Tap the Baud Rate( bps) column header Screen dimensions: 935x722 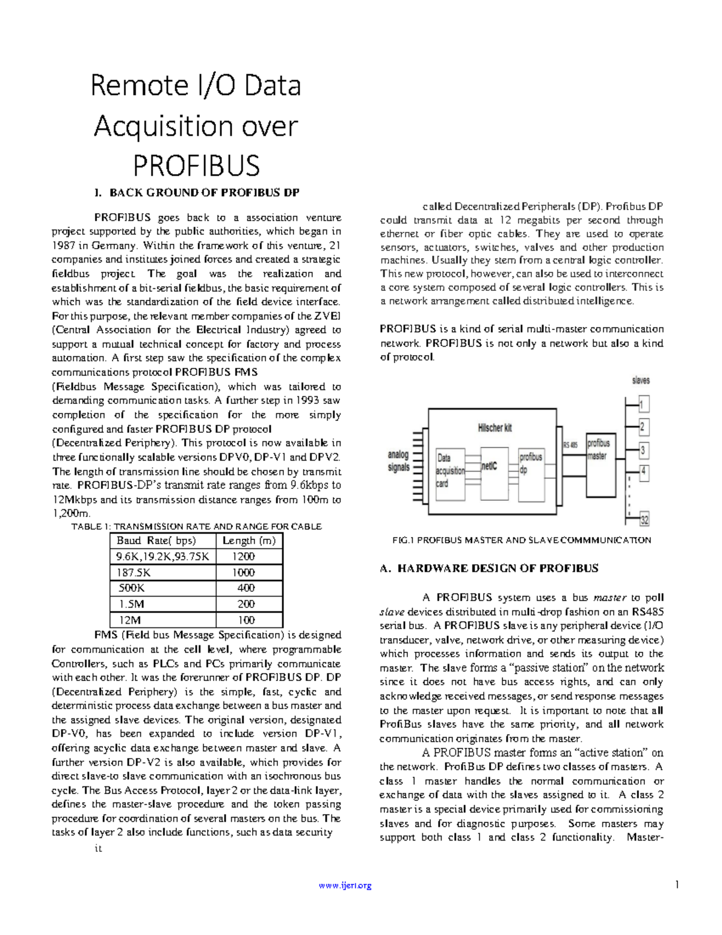tap(156, 541)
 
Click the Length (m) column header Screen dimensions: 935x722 tap(249, 541)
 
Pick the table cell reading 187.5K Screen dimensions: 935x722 tap(135, 573)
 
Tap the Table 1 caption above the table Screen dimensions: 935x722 tap(196, 526)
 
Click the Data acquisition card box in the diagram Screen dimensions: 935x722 tap(450, 471)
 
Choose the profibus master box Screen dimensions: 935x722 tap(599, 450)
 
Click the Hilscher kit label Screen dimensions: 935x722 tap(495, 428)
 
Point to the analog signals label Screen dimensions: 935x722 tap(398, 461)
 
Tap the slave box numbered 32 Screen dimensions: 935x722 tap(644, 520)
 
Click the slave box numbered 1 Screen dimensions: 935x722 tap(643, 404)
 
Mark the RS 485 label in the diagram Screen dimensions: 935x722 tap(570, 445)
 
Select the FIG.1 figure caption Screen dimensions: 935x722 tap(521, 540)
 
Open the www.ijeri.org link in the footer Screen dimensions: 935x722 tap(345, 886)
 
